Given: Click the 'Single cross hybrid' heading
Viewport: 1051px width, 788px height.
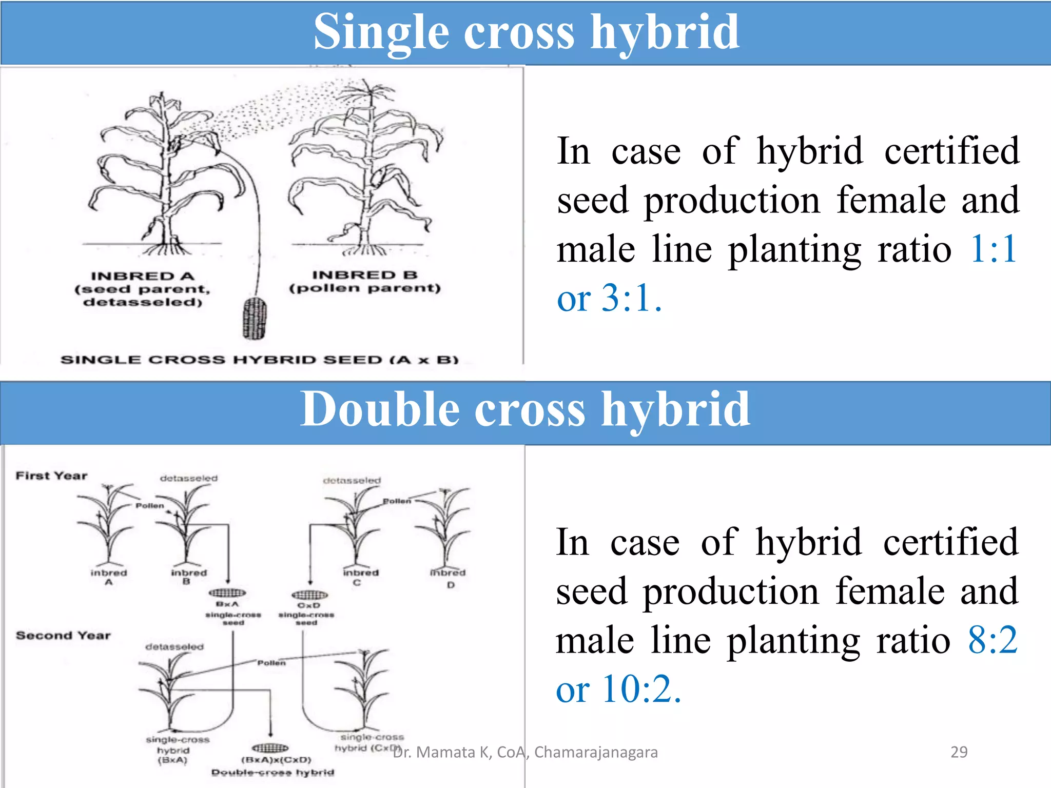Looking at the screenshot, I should [x=526, y=32].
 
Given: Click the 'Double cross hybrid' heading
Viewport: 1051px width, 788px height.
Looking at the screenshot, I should [x=525, y=409].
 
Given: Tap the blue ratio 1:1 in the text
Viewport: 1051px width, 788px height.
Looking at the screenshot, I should [x=994, y=249].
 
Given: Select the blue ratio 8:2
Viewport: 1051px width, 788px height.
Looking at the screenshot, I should [x=992, y=640].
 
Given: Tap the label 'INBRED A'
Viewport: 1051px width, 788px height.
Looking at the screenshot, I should [x=143, y=277].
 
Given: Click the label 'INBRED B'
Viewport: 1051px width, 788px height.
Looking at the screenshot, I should [x=365, y=275].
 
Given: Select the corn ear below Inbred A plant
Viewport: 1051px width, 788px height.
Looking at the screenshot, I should [x=255, y=318].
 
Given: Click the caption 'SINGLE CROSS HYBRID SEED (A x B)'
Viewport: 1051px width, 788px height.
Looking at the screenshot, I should [x=259, y=360].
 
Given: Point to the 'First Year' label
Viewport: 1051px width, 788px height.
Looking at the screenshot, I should [x=51, y=476].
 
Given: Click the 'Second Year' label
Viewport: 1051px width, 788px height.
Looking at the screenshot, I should [x=63, y=636].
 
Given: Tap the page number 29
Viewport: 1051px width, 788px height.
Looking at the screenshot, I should [x=959, y=752].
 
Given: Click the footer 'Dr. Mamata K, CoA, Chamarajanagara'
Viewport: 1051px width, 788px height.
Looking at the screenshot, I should [x=525, y=752].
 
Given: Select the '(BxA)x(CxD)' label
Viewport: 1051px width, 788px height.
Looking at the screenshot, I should [x=276, y=760].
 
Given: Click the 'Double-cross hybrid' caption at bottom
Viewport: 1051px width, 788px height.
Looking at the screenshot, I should [x=273, y=773].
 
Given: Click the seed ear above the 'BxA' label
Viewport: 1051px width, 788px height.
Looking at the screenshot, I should [x=227, y=593].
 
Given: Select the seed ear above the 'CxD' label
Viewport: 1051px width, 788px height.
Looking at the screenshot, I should [x=309, y=595].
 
